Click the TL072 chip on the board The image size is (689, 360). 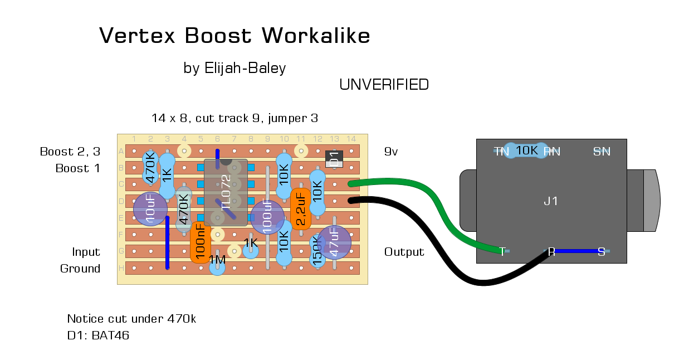[x=226, y=192]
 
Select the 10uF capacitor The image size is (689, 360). [x=150, y=209]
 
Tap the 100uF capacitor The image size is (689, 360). [x=267, y=217]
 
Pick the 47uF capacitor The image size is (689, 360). [x=334, y=242]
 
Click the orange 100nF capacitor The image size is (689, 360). [x=200, y=242]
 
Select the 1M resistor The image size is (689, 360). [x=217, y=262]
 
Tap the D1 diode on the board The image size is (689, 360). [x=334, y=159]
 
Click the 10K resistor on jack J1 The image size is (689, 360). [x=525, y=150]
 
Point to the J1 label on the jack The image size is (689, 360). [x=550, y=201]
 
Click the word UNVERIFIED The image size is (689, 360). [x=384, y=85]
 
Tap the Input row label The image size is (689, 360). [x=86, y=252]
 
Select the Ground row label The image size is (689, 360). [x=80, y=269]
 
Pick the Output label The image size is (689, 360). [x=404, y=252]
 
